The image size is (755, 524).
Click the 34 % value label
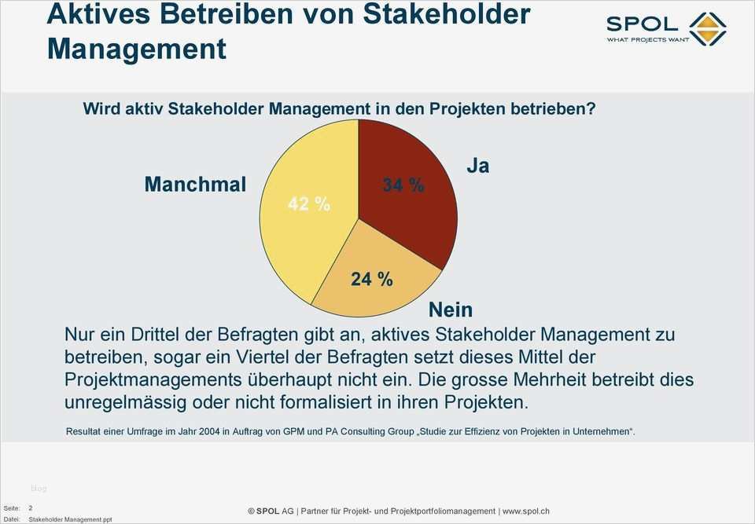pyautogui.click(x=403, y=185)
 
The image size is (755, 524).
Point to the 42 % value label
pyautogui.click(x=308, y=203)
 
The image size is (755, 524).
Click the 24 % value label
pyautogui.click(x=371, y=279)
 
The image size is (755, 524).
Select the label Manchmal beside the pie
pyautogui.click(x=195, y=185)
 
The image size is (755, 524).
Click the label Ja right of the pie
pyautogui.click(x=477, y=166)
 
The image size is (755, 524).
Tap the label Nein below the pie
pyautogui.click(x=451, y=310)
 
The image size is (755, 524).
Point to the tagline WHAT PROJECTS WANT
pyautogui.click(x=647, y=40)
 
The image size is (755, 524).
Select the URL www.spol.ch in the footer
pyautogui.click(x=525, y=511)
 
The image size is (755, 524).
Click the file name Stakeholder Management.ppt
pyautogui.click(x=70, y=519)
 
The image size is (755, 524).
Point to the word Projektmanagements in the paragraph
pyautogui.click(x=153, y=379)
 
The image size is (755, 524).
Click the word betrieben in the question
pyautogui.click(x=535, y=108)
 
